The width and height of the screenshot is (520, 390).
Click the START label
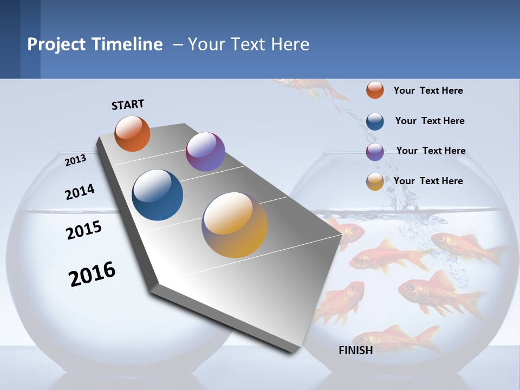pos(128,105)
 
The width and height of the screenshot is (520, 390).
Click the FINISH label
pos(355,350)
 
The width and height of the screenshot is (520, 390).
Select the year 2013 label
pos(75,160)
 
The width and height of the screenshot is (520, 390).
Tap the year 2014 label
pos(80,192)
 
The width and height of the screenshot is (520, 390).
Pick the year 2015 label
pos(83,230)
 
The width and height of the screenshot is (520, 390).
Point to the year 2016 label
pos(92,274)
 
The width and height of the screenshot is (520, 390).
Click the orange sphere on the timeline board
pos(132,133)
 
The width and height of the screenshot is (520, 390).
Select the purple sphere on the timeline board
pos(205,152)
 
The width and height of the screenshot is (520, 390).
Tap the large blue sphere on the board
pos(158,195)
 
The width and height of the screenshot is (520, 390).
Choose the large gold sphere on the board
pos(235,225)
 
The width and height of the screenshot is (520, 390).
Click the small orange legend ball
pos(375,90)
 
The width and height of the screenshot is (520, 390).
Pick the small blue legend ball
pos(375,121)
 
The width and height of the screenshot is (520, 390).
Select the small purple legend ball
pos(375,152)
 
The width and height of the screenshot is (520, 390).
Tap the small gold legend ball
pos(375,182)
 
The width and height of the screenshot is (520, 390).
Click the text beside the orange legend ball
pos(428,90)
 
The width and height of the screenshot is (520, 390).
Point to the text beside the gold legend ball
pos(428,181)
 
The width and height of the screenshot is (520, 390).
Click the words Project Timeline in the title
pos(95,44)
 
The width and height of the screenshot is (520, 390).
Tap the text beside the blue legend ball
pos(430,121)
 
